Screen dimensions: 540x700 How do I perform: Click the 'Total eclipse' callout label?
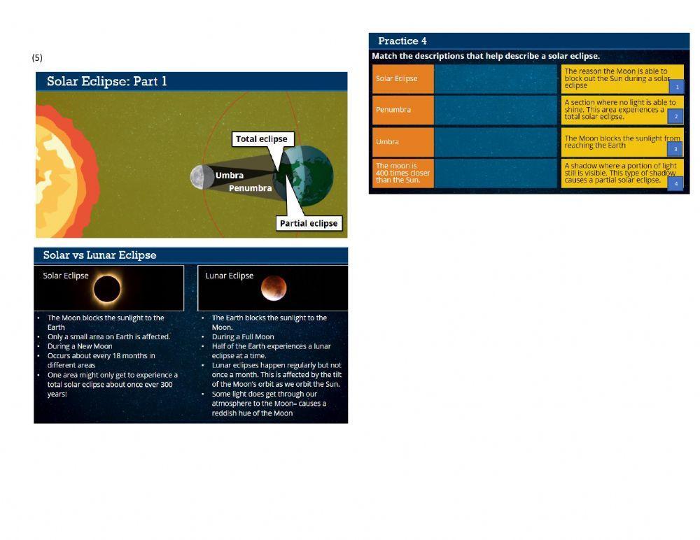pyautogui.click(x=261, y=139)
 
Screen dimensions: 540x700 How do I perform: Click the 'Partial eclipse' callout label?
pyautogui.click(x=308, y=224)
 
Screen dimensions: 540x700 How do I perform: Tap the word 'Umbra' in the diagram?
pyautogui.click(x=230, y=176)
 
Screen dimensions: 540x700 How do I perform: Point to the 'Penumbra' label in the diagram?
pyautogui.click(x=250, y=188)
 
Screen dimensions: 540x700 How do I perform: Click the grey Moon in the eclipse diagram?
pyautogui.click(x=202, y=177)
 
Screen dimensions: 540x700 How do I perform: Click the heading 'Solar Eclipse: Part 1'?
pyautogui.click(x=107, y=81)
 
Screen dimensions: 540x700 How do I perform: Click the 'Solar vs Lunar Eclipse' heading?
pyautogui.click(x=99, y=255)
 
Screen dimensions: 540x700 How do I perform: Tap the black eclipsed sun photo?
pyautogui.click(x=107, y=288)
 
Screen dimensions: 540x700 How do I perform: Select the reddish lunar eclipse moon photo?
pyautogui.click(x=274, y=287)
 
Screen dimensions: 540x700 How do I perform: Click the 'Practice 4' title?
pyautogui.click(x=402, y=41)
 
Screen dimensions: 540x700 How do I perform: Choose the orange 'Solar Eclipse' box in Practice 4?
pyautogui.click(x=402, y=79)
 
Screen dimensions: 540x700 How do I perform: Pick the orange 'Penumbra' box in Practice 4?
pyautogui.click(x=402, y=110)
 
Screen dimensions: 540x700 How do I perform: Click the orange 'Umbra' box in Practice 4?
pyautogui.click(x=402, y=142)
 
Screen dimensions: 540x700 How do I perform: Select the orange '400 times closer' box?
pyautogui.click(x=402, y=173)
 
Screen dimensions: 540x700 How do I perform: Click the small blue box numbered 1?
pyautogui.click(x=675, y=87)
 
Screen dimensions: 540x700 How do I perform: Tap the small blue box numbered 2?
pyautogui.click(x=675, y=117)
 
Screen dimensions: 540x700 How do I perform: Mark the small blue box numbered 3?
pyautogui.click(x=675, y=149)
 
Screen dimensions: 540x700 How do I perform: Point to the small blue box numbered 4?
pyautogui.click(x=675, y=183)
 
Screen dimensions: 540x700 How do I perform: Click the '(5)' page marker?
pyautogui.click(x=37, y=57)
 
